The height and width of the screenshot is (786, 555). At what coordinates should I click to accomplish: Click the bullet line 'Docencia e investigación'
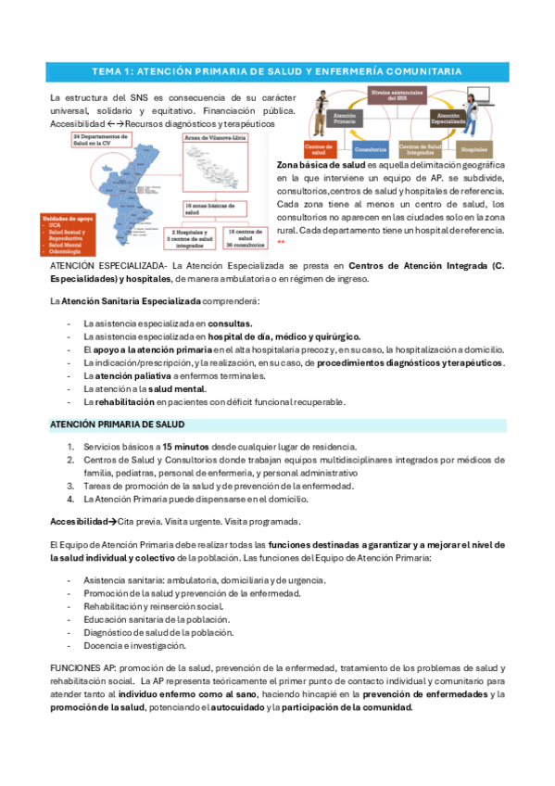(134, 645)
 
